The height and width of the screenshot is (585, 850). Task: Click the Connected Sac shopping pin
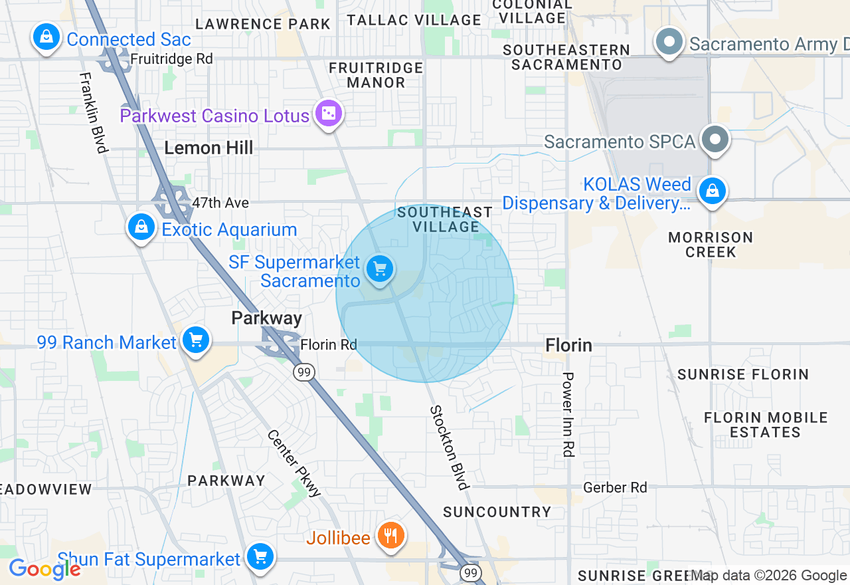[46, 37]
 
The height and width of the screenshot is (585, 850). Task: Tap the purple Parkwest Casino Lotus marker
[329, 114]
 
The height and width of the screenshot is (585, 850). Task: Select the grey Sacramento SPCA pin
[715, 140]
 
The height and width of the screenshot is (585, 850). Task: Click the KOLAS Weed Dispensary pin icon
[712, 191]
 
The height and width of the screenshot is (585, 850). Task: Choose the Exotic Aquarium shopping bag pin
[141, 227]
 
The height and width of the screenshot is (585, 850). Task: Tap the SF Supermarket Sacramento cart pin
[379, 270]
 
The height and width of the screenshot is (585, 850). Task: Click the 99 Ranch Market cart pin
[195, 340]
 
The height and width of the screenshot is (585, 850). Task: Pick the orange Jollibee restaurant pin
[390, 535]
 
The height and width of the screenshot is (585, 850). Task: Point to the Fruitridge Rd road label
[171, 59]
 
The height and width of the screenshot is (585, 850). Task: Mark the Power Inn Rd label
[568, 414]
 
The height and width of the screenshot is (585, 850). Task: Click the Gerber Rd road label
[615, 488]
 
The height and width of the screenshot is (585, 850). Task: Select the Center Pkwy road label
[295, 463]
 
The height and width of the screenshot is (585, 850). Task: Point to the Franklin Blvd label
[94, 112]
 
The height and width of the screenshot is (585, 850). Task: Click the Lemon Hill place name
[209, 148]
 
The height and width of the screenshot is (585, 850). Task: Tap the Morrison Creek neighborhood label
[711, 245]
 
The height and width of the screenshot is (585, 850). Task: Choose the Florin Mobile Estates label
[766, 425]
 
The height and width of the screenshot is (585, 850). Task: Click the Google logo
[44, 569]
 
